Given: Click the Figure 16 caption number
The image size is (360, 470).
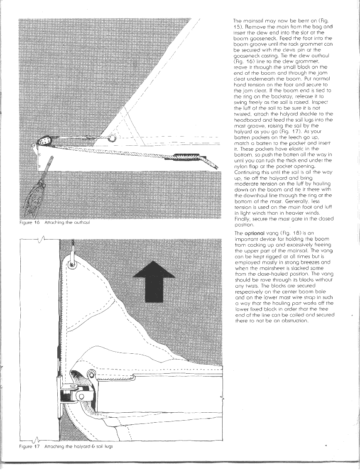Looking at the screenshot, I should pyautogui.click(x=37, y=223).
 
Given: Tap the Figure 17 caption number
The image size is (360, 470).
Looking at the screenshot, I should pyautogui.click(x=37, y=446).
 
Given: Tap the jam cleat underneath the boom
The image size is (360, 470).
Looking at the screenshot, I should pyautogui.click(x=182, y=158).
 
